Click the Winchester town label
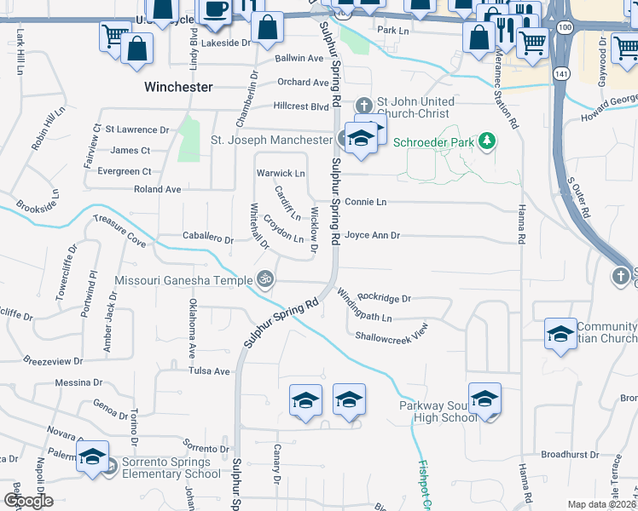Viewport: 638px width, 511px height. (x=178, y=87)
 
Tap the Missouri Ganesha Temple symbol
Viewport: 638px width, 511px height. (x=265, y=278)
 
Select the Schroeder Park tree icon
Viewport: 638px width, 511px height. (x=487, y=140)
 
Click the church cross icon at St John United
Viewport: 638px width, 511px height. (x=364, y=106)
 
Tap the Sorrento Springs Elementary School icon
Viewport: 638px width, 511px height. (x=92, y=456)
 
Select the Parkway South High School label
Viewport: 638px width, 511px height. (x=438, y=411)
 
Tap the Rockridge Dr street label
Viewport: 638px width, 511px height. (x=385, y=299)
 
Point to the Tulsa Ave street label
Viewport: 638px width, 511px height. (x=210, y=371)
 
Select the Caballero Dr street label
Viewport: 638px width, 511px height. (x=208, y=239)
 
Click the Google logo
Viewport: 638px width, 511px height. (x=28, y=501)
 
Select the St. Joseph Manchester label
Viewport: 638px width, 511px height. (x=271, y=140)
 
